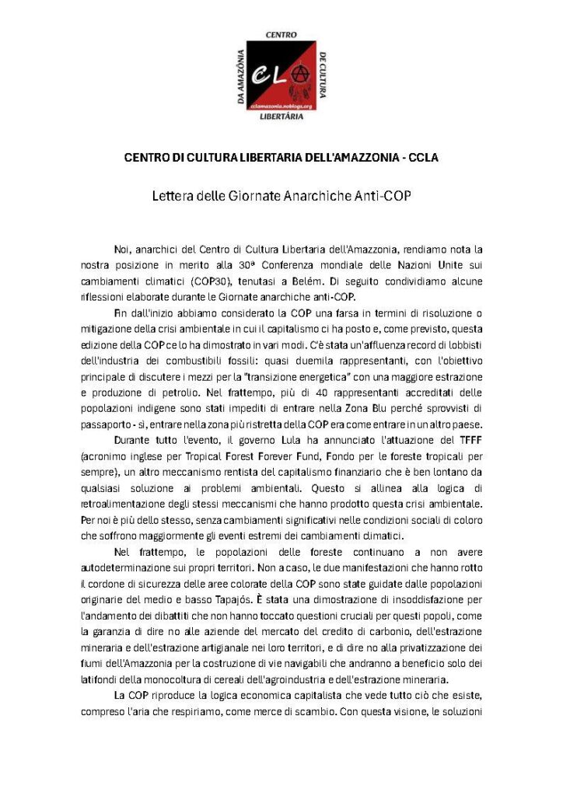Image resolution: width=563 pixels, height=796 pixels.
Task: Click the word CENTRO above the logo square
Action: pyautogui.click(x=281, y=35)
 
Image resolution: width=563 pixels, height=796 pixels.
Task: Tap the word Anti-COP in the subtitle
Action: pyautogui.click(x=383, y=196)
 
